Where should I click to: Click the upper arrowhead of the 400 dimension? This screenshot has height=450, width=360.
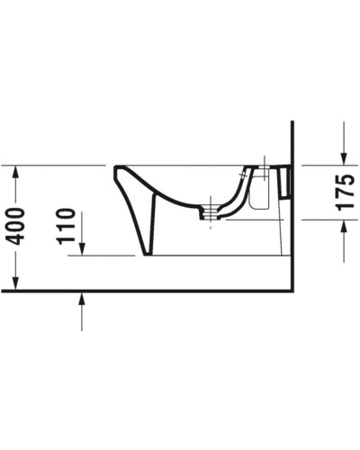16,171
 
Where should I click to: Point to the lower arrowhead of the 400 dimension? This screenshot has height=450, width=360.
16,285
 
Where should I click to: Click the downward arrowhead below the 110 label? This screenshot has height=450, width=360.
82,249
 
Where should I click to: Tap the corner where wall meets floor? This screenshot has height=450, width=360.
294,291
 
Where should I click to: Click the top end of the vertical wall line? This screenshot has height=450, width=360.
294,123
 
